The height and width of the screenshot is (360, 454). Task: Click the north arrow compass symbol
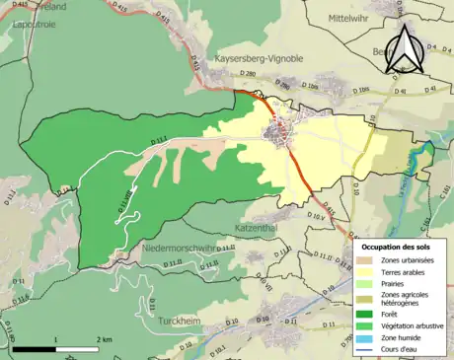(406, 49)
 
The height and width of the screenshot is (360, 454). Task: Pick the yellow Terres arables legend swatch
(363, 273)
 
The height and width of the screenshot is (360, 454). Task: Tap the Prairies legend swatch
(363, 287)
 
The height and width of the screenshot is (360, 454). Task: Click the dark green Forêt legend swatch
(363, 317)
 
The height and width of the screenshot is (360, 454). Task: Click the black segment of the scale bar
(36, 349)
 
